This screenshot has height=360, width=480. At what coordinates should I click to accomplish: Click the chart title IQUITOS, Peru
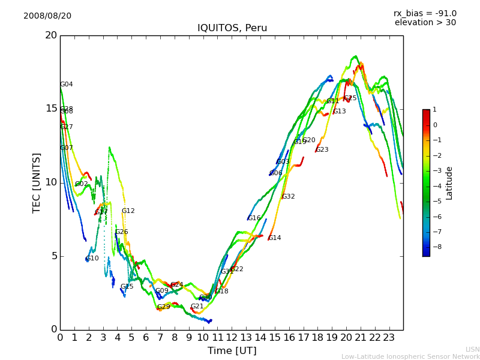(x=232, y=28)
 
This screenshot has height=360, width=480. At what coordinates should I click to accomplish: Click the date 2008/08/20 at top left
(x=47, y=16)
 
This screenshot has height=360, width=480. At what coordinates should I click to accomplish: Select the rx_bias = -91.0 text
(x=425, y=13)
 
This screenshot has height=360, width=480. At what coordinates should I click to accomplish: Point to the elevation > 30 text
(x=425, y=23)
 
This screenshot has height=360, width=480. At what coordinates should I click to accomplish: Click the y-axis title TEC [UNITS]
(x=37, y=182)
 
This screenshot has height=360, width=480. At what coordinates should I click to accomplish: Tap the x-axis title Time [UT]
(x=232, y=350)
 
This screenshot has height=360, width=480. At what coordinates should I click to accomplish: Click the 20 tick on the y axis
(x=51, y=35)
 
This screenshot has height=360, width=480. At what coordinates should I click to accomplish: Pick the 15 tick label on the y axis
(x=51, y=109)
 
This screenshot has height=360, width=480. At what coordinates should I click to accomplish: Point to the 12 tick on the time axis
(x=232, y=337)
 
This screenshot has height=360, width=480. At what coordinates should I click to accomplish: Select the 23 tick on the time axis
(x=389, y=337)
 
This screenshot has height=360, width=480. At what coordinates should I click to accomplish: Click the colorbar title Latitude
(x=449, y=183)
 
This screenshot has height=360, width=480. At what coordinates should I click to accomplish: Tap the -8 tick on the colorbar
(x=435, y=246)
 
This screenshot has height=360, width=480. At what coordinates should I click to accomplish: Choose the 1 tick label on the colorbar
(x=434, y=110)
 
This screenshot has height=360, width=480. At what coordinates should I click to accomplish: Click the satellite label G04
(x=67, y=85)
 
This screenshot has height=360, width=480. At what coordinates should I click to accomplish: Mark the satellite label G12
(x=128, y=211)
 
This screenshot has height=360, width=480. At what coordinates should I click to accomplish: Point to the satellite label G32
(x=289, y=197)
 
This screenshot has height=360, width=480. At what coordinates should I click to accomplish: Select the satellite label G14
(x=275, y=238)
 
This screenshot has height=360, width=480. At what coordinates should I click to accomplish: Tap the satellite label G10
(x=92, y=259)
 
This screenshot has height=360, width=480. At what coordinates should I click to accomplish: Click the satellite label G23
(x=322, y=150)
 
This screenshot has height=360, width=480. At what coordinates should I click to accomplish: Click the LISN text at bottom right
(x=472, y=349)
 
